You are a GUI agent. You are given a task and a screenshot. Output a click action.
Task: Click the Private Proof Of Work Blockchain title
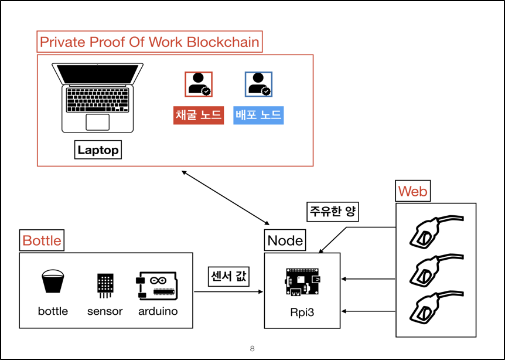(149, 42)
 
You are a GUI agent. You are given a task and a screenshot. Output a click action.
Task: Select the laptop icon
(97, 96)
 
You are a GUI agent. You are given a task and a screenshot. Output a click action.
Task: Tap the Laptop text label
(98, 150)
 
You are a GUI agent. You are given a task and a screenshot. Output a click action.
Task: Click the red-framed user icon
(199, 84)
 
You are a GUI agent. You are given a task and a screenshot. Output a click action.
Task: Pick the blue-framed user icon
(258, 84)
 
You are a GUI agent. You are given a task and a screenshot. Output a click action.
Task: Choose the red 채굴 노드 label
(199, 116)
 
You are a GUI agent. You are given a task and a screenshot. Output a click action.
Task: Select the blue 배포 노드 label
(258, 116)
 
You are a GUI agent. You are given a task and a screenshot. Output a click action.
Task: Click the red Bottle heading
(42, 240)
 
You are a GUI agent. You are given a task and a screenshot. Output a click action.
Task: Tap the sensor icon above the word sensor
(105, 284)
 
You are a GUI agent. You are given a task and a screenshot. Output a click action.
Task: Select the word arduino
(158, 311)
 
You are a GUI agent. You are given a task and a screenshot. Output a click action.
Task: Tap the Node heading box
(285, 240)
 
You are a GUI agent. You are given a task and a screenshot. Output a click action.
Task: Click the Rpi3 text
(302, 312)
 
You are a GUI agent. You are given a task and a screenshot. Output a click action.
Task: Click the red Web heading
(412, 191)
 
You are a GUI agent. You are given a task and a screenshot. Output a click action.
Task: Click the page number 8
(252, 349)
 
